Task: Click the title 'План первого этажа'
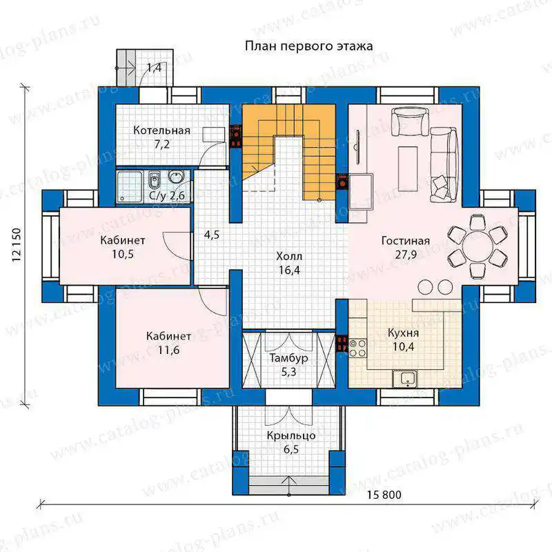[308, 46]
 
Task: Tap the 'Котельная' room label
[161, 130]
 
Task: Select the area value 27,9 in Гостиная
[406, 255]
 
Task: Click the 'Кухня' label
[403, 333]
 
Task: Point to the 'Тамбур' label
[288, 358]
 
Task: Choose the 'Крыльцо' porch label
[290, 436]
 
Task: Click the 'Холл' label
[289, 256]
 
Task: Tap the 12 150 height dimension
[17, 246]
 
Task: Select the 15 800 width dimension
[384, 495]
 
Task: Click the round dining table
[477, 246]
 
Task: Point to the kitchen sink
[405, 379]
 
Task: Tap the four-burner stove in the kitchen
[357, 348]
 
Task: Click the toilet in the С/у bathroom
[154, 181]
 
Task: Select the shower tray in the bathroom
[130, 187]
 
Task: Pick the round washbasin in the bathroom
[175, 177]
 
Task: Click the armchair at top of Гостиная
[410, 121]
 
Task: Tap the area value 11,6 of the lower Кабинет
[168, 351]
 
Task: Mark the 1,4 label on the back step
[154, 68]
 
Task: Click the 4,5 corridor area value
[212, 235]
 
